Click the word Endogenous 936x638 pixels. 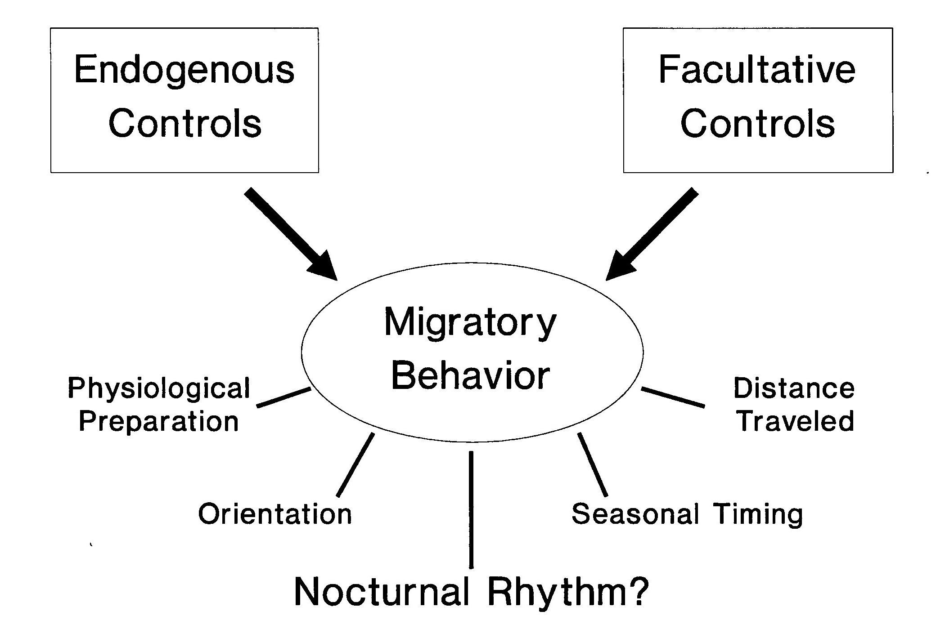pos(184,71)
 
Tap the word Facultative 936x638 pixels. pos(757,71)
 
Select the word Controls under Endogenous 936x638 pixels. pos(184,123)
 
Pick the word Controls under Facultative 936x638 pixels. pos(757,123)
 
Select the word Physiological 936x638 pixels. pos(158,388)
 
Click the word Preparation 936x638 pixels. pos(158,422)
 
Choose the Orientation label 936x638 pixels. pos(275,514)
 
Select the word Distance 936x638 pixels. pos(794,388)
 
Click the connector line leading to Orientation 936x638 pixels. pos(355,464)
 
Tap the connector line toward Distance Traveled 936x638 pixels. pos(673,397)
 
